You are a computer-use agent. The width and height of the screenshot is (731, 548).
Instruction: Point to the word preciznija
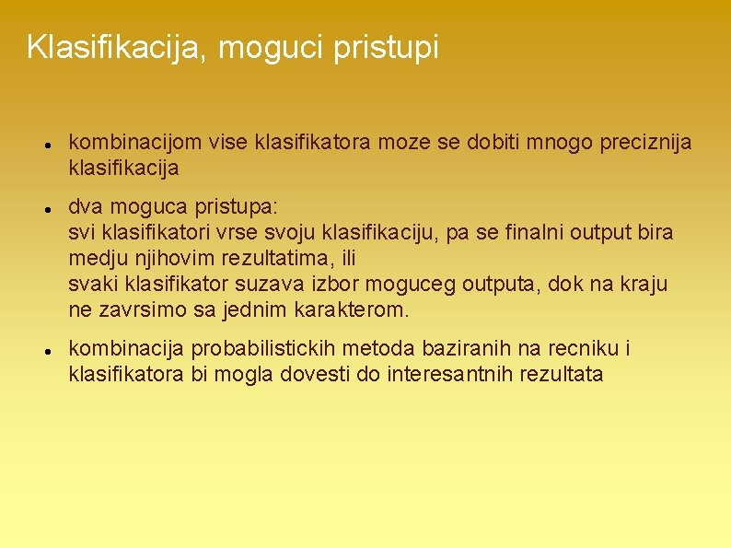[645, 143]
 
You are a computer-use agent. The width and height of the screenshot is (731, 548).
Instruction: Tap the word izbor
[340, 285]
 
